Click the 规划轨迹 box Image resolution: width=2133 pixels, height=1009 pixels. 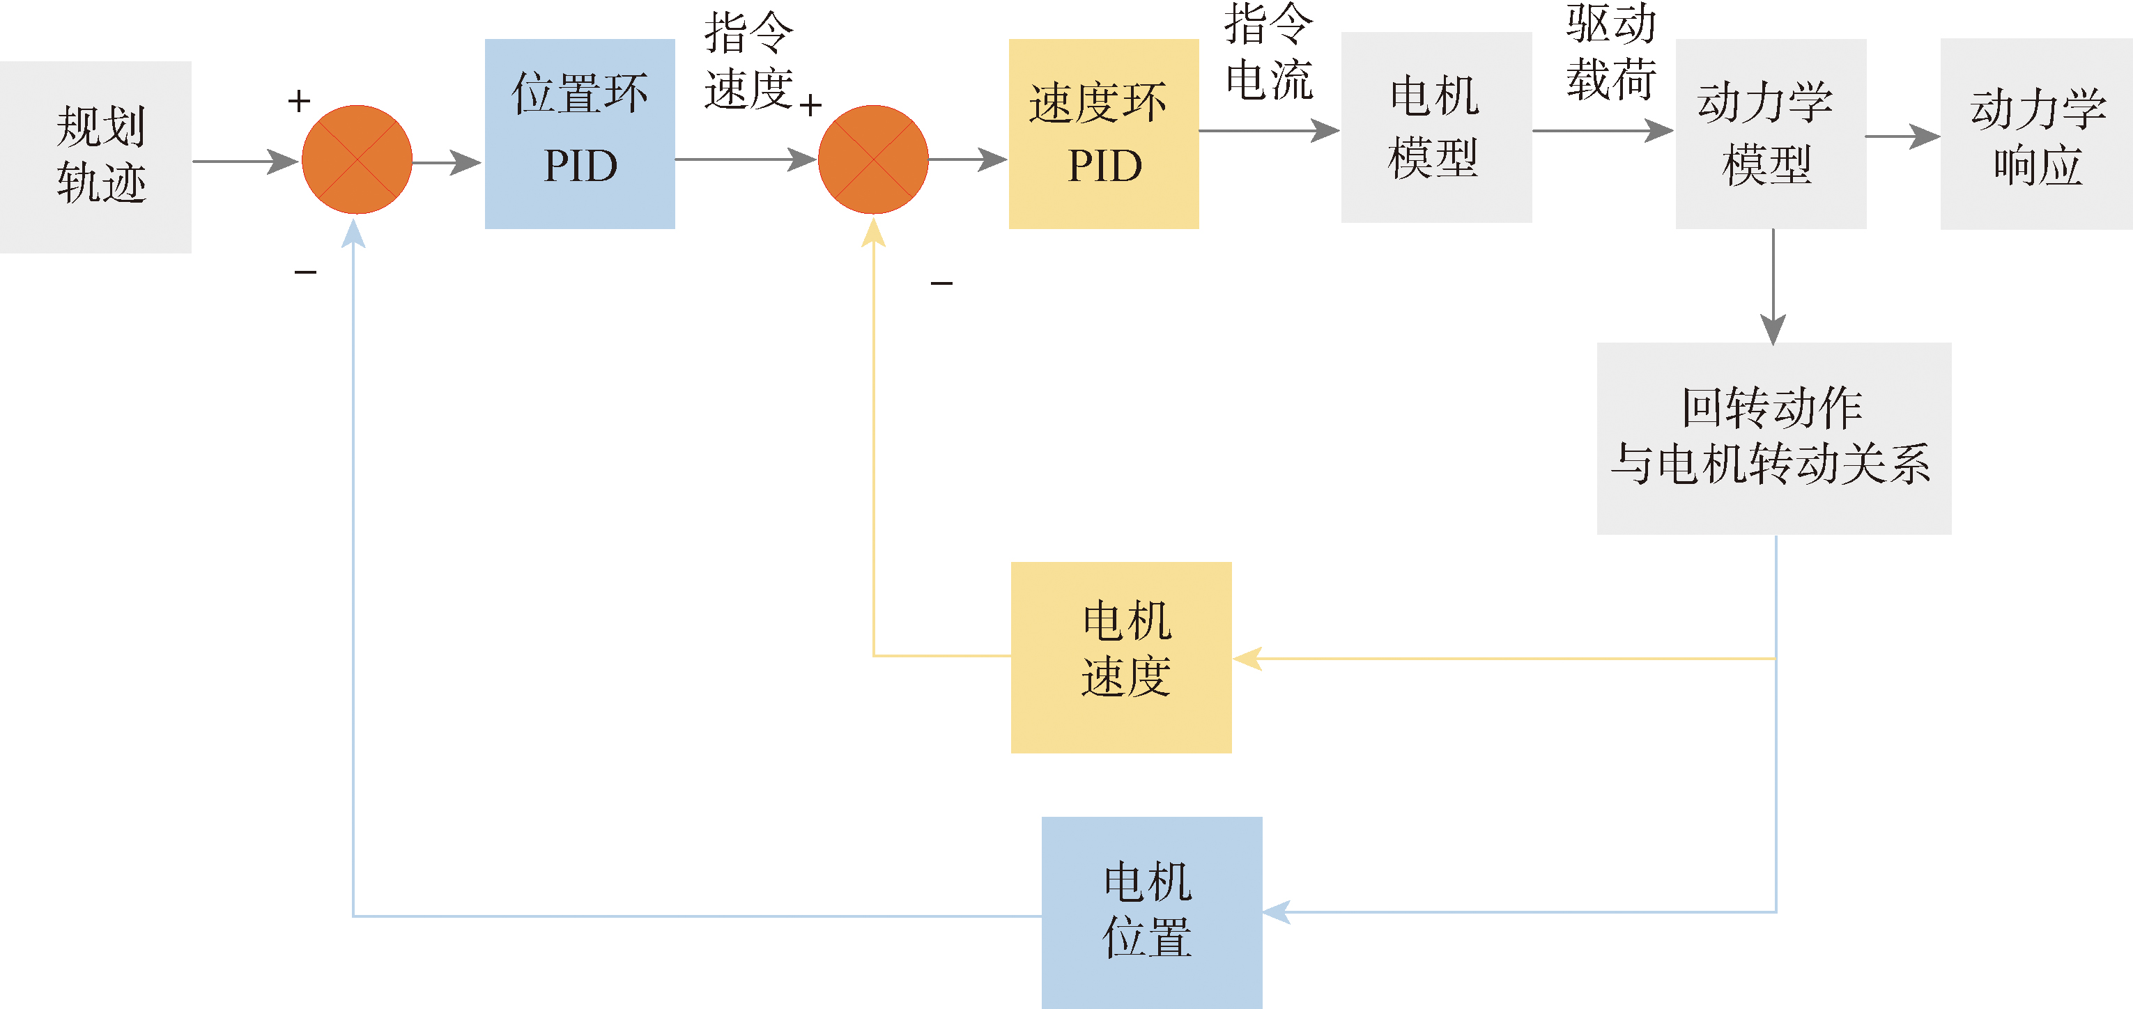(x=95, y=157)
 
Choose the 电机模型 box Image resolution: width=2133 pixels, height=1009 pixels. (x=1435, y=127)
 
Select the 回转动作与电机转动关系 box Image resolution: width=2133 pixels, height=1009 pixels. (x=1773, y=438)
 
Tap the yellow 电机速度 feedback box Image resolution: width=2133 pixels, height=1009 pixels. (x=1121, y=657)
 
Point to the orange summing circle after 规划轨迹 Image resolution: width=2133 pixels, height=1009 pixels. (x=357, y=159)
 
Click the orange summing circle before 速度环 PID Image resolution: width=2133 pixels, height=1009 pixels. (x=872, y=159)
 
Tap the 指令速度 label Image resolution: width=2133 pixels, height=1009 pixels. (x=749, y=61)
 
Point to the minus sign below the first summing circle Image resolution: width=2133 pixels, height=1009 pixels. (x=305, y=272)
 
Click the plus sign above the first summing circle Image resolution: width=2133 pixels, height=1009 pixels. (x=299, y=101)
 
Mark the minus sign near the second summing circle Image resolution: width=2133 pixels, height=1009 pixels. (x=941, y=283)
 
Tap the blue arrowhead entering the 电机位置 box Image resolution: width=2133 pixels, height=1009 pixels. (x=1276, y=912)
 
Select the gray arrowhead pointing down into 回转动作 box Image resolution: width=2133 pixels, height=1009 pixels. (x=1773, y=329)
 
